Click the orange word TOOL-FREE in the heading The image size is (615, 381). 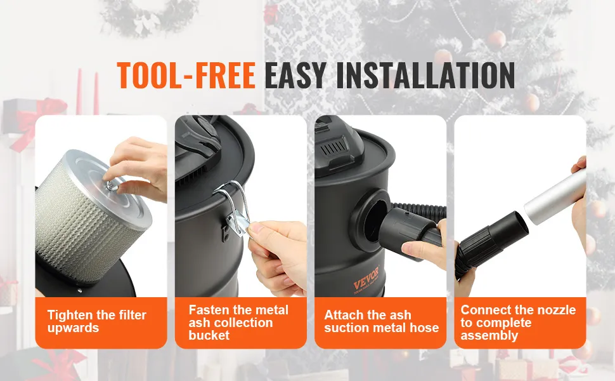(186, 75)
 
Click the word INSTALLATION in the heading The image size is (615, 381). (425, 75)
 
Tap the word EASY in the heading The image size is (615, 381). (295, 75)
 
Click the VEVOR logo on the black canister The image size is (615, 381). (366, 278)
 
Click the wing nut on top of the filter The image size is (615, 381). (112, 185)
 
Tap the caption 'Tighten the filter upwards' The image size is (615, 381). (96, 321)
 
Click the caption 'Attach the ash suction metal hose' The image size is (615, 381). (381, 321)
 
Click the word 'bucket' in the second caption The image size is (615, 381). (209, 335)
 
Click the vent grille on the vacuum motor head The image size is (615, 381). (334, 149)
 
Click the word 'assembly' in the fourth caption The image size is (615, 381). (489, 335)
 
